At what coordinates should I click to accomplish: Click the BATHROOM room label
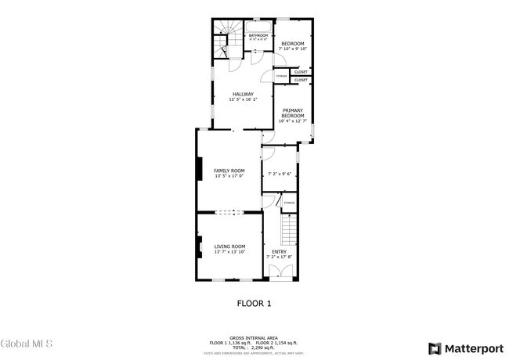[258, 36]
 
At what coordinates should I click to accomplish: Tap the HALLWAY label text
[243, 95]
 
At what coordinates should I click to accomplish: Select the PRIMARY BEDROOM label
[293, 113]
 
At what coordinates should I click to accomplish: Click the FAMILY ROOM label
[229, 171]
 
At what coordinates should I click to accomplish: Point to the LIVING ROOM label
[229, 247]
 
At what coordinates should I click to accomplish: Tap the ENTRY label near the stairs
[279, 251]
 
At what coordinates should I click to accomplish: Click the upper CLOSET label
[301, 72]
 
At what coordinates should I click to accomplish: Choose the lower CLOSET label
[301, 80]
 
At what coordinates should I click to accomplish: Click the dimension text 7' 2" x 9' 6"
[279, 174]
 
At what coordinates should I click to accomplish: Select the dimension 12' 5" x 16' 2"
[243, 100]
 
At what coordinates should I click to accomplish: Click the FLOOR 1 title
[254, 303]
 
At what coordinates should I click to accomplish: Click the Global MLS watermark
[27, 344]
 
